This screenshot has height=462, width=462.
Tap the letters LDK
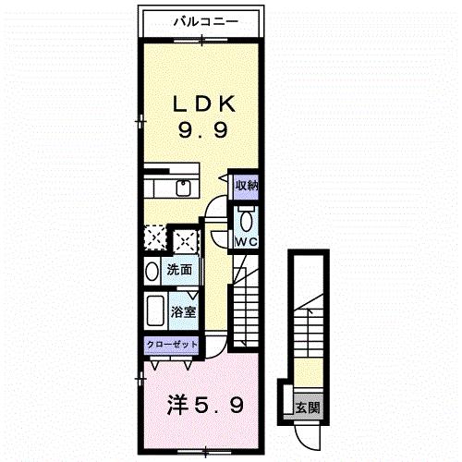(201, 103)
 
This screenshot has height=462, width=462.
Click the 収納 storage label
(246, 185)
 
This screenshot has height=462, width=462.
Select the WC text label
(245, 241)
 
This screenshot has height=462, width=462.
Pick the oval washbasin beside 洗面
(152, 272)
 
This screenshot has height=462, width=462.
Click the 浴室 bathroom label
(182, 311)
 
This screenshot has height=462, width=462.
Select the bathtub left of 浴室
(154, 310)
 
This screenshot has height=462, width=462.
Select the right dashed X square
(185, 239)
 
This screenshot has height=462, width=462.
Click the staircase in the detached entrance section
(307, 337)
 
